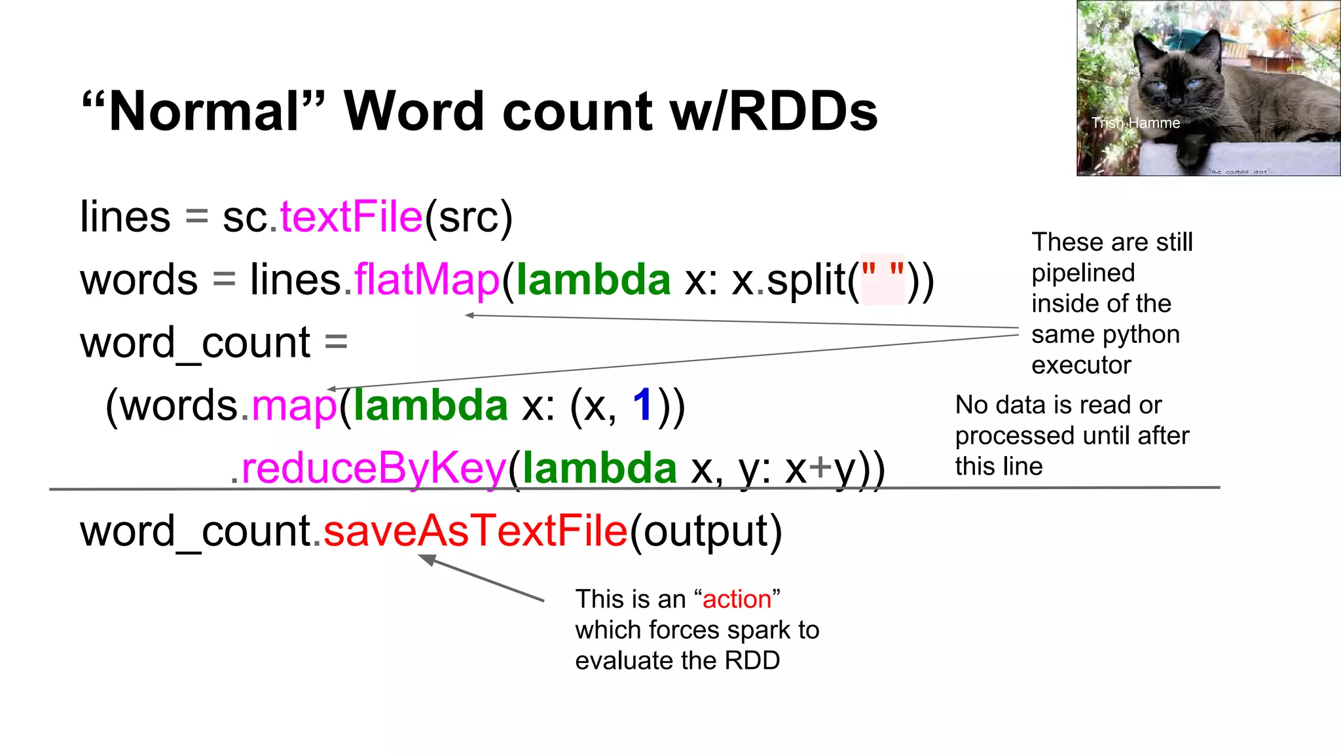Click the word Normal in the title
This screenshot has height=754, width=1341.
coord(204,112)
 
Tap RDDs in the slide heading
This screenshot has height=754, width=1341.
coord(803,112)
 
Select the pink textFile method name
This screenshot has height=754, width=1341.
coord(352,217)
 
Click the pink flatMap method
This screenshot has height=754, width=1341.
coord(427,280)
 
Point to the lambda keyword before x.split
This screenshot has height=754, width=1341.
coord(593,280)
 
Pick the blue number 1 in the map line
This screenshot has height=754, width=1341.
coord(643,405)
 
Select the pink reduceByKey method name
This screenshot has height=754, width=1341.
coord(374,469)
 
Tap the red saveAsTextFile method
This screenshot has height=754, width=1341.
coord(476,531)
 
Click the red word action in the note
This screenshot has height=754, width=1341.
coord(737,600)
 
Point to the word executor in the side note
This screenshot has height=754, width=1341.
coord(1081,365)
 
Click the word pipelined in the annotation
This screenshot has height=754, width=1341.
coord(1083,273)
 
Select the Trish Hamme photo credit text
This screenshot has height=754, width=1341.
coord(1135,123)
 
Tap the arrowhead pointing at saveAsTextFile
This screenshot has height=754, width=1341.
coord(426,558)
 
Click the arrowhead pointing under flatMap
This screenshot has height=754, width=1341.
coord(469,315)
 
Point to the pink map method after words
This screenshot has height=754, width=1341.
coord(294,406)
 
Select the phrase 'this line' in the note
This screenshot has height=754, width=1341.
coord(999,467)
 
